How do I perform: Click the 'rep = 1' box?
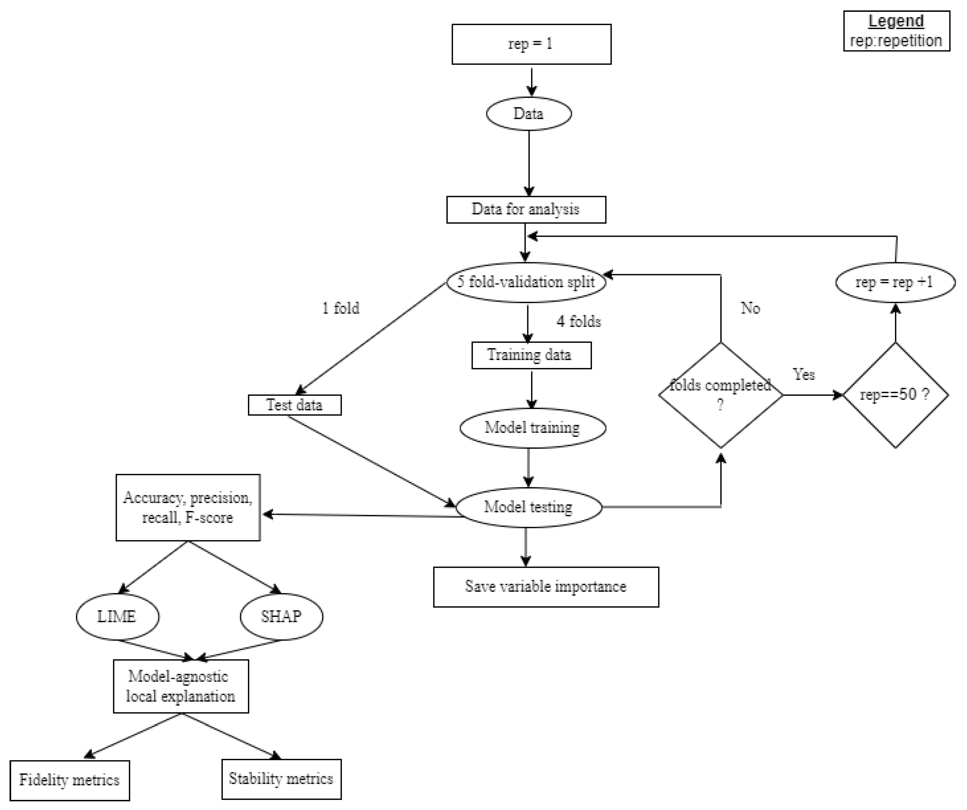tap(531, 44)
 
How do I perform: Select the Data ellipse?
tap(529, 114)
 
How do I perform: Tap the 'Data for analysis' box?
tap(526, 210)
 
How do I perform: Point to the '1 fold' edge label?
tap(341, 308)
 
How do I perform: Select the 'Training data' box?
tap(531, 355)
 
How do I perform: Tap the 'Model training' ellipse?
tap(532, 428)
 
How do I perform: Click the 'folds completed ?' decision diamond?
tap(720, 395)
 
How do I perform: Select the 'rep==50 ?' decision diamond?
tap(895, 395)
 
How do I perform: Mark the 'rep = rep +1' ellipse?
tap(895, 282)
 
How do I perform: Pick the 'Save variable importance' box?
tap(546, 587)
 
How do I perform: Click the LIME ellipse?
tap(117, 617)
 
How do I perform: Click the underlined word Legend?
tap(896, 21)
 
